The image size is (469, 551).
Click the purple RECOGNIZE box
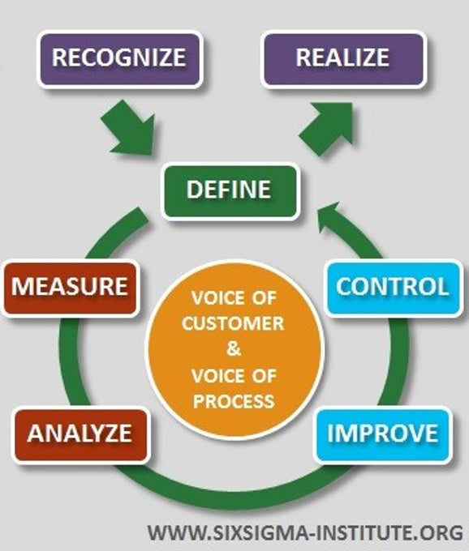120,59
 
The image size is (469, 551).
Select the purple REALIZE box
343,59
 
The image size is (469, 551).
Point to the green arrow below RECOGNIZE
130,129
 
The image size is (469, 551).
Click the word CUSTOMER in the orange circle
233,323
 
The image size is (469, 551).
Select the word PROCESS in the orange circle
234,401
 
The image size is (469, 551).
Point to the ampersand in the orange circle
234,348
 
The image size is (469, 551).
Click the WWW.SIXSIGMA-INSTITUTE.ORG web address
305,532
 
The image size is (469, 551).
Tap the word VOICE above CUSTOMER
217,298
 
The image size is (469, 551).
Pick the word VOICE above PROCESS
217,376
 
